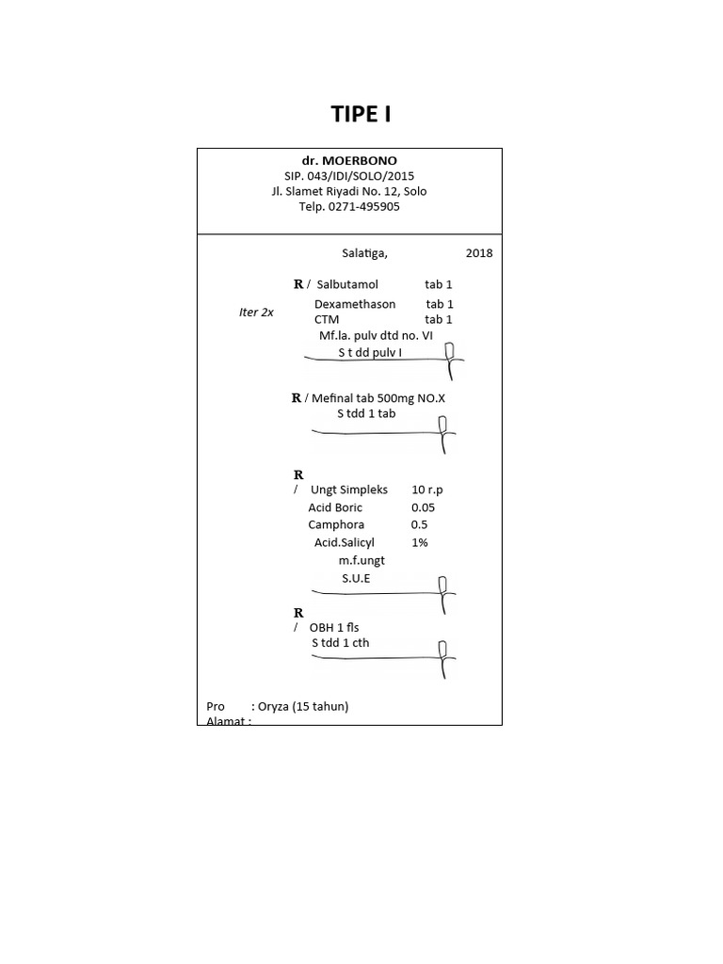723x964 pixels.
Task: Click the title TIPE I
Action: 361,115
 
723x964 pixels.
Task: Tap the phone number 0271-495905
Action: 363,206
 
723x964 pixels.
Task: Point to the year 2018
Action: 478,253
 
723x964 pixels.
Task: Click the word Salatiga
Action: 363,253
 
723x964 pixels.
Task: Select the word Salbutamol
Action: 347,284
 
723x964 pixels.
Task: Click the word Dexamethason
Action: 355,304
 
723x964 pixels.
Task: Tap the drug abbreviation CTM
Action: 327,320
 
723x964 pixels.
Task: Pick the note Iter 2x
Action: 256,313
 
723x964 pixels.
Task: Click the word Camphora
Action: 335,524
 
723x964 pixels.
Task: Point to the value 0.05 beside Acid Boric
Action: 423,507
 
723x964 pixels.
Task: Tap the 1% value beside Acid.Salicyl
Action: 419,542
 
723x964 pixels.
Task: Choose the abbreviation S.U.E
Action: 356,578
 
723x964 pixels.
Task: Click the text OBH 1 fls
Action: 334,627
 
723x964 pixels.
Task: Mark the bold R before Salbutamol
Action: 298,284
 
